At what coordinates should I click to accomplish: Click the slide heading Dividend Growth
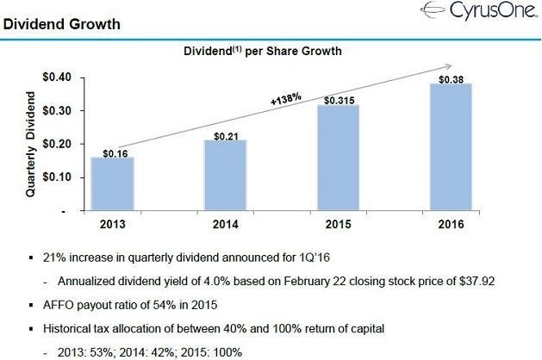(x=61, y=23)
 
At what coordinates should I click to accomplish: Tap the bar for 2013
(x=113, y=183)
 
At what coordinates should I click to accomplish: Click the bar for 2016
(x=450, y=146)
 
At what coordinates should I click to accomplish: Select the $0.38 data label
(x=450, y=79)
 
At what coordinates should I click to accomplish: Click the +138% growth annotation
(x=285, y=99)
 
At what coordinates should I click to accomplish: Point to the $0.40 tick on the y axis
(x=59, y=78)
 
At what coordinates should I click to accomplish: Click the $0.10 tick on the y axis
(x=59, y=177)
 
